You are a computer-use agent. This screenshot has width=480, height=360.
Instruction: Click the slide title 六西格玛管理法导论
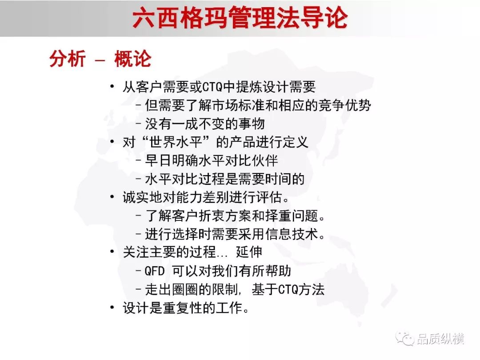coord(240,18)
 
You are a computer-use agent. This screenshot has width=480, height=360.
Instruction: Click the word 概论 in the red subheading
coord(133,59)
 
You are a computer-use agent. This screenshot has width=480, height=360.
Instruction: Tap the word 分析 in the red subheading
coord(68,59)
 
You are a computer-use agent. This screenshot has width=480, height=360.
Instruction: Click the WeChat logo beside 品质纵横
coord(405,338)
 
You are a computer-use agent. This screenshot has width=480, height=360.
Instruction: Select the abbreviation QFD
coord(155,271)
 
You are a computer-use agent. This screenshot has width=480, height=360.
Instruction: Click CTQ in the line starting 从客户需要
coord(212,87)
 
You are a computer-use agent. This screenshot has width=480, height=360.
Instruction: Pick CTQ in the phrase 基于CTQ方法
coord(288,289)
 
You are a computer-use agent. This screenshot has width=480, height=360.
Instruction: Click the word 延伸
coord(249,252)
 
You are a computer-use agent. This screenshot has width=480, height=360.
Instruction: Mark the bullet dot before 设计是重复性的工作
coord(112,307)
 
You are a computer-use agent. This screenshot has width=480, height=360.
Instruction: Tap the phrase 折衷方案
coord(225,216)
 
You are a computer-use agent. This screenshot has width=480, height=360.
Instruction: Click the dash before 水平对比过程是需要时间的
coord(139,179)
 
